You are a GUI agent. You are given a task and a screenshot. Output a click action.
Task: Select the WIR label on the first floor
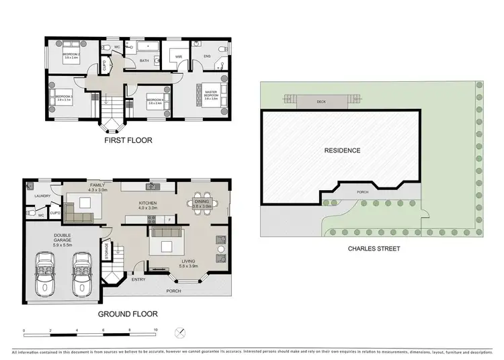pyautogui.click(x=179, y=57)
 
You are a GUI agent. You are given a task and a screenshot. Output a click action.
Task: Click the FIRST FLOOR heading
pyautogui.click(x=128, y=141)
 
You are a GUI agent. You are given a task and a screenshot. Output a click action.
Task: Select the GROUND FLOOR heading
pyautogui.click(x=128, y=314)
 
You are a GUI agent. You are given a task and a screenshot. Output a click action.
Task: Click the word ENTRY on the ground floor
pyautogui.click(x=138, y=279)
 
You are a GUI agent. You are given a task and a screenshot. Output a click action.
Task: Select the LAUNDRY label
pyautogui.click(x=43, y=197)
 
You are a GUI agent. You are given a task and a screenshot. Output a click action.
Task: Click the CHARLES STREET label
pyautogui.click(x=374, y=249)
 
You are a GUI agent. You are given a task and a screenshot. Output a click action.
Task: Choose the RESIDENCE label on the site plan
pyautogui.click(x=342, y=150)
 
